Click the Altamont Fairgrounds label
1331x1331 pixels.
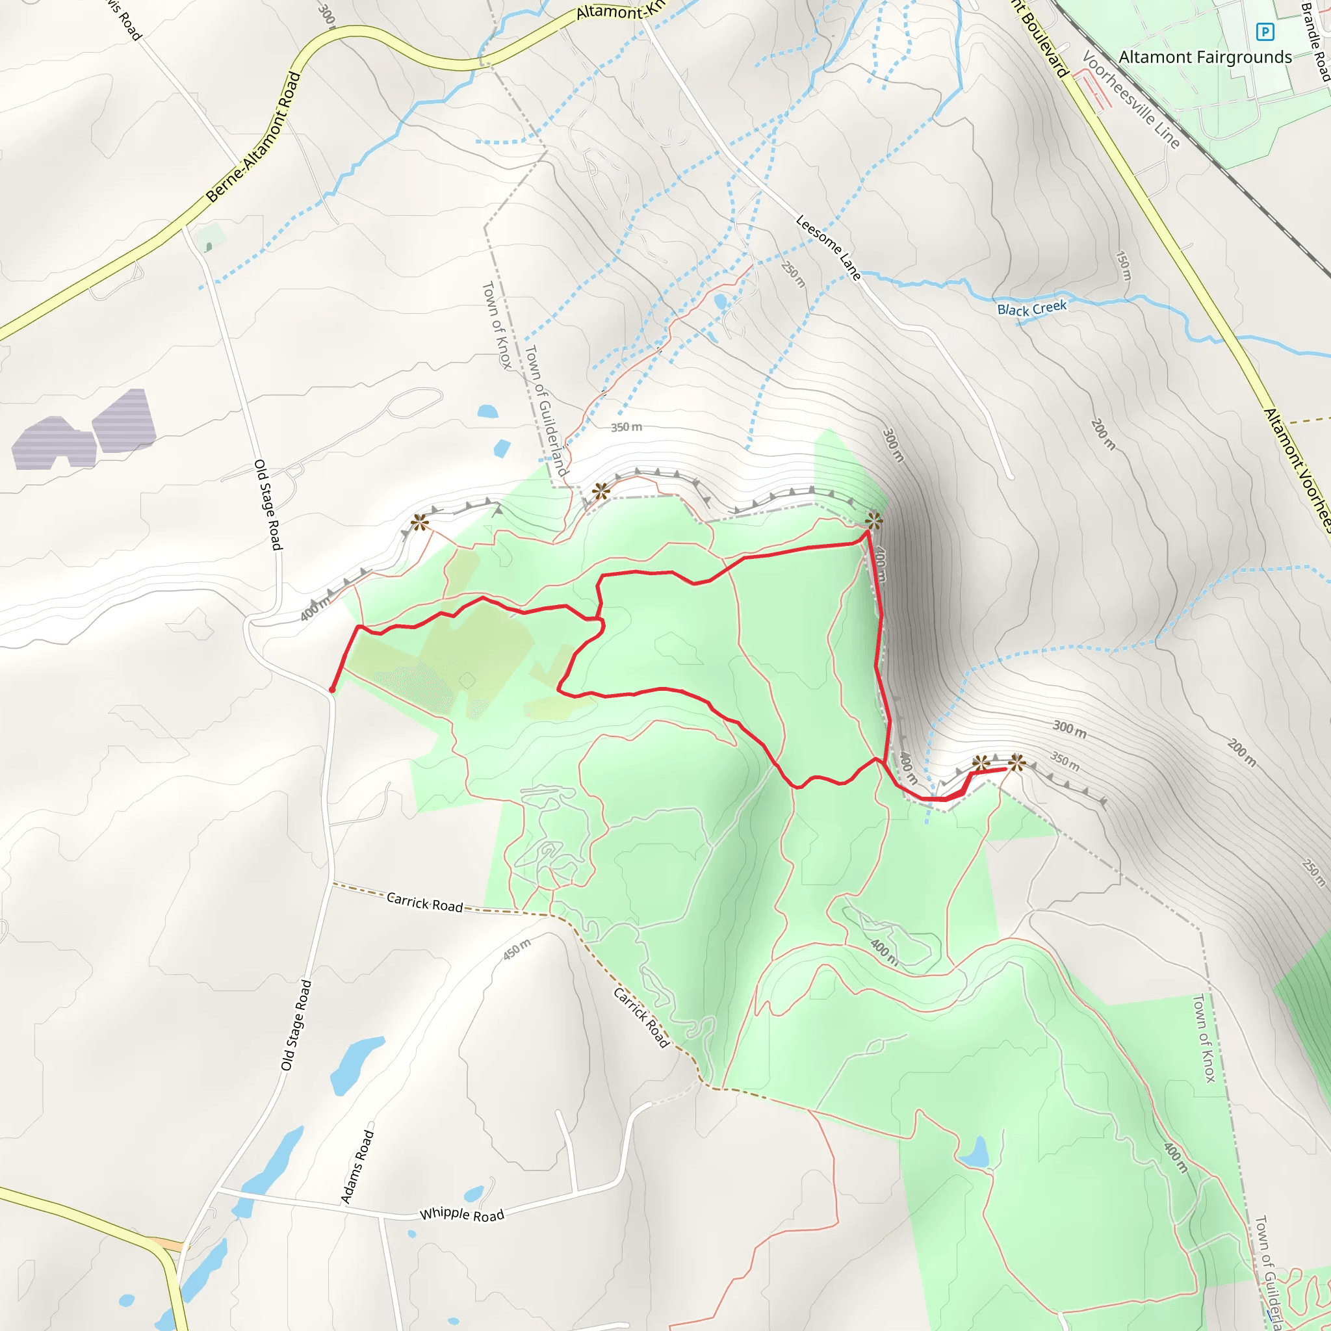(1205, 57)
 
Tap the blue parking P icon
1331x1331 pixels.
(1265, 32)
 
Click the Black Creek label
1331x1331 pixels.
(1031, 308)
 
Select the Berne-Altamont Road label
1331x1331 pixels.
(253, 138)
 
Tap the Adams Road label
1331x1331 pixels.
(357, 1167)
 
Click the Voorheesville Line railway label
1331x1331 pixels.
(1131, 99)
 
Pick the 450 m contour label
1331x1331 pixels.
(516, 949)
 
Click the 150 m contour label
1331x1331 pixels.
(1123, 265)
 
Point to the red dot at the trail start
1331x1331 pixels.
(332, 690)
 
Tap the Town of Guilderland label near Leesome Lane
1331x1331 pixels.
(546, 411)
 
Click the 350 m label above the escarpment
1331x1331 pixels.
(627, 427)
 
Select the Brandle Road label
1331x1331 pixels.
(1315, 42)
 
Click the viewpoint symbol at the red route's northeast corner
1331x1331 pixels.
(873, 519)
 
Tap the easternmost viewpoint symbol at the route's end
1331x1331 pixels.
(1017, 762)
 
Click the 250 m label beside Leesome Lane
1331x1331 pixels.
(793, 274)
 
